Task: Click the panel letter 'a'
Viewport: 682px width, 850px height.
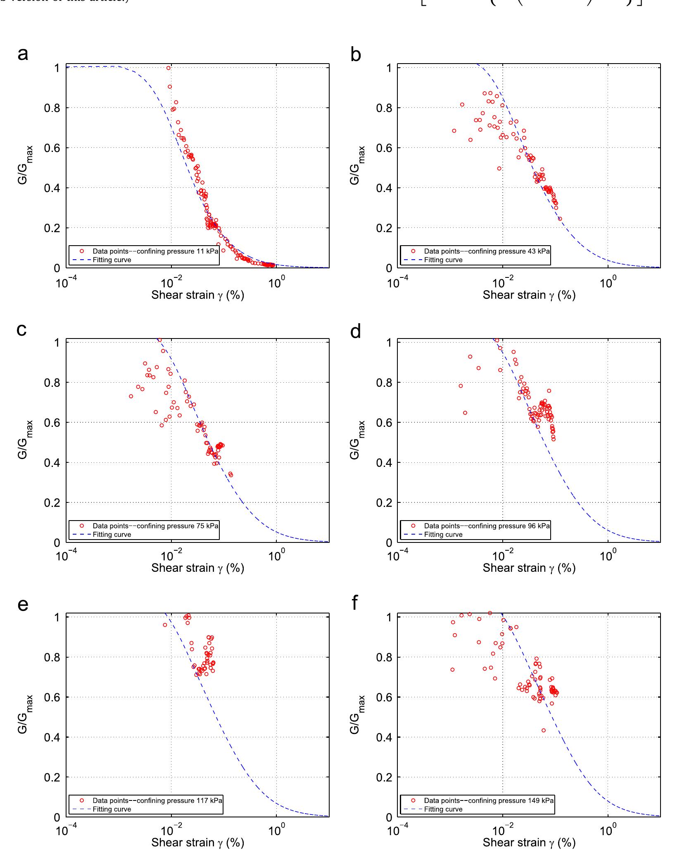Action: pos(23,54)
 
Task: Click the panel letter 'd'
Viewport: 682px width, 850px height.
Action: pos(355,331)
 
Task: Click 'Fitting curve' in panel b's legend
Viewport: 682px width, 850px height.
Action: pos(443,260)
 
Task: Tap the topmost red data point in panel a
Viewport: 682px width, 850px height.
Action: pos(169,68)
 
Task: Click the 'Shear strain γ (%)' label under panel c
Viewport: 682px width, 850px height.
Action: pos(197,568)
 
